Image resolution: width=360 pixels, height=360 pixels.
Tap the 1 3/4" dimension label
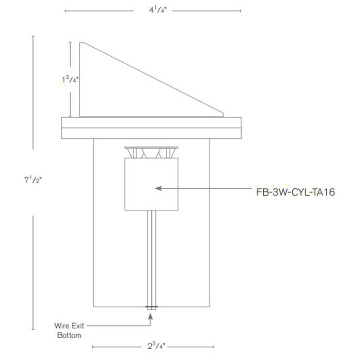point(70,80)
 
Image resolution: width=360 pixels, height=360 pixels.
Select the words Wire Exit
point(69,325)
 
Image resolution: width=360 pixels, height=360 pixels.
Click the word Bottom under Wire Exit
point(69,335)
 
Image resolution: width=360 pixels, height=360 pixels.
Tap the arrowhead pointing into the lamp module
point(157,189)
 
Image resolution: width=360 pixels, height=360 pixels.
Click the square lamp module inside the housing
point(151,184)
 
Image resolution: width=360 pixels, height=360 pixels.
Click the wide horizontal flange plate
point(151,127)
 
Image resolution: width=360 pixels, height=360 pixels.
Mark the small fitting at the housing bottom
point(151,308)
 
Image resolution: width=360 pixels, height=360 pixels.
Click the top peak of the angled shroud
point(81,44)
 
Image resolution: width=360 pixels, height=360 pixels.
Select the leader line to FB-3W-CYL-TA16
point(202,189)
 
